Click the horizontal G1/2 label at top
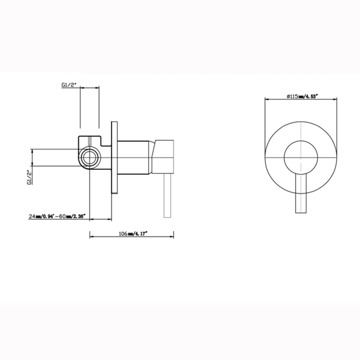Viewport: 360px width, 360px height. tap(68, 85)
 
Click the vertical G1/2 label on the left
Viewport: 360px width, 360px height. tap(29, 177)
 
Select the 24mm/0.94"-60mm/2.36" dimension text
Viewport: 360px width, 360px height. tap(57, 216)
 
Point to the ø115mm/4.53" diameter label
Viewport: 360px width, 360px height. tap(302, 97)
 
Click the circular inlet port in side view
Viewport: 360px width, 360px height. tap(89, 158)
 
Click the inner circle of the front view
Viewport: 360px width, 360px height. tap(300, 156)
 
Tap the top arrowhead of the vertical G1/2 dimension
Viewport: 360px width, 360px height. tap(33, 150)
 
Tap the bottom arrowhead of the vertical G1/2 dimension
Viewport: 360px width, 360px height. tap(33, 165)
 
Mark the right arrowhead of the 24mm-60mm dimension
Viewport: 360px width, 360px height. tap(110, 219)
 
